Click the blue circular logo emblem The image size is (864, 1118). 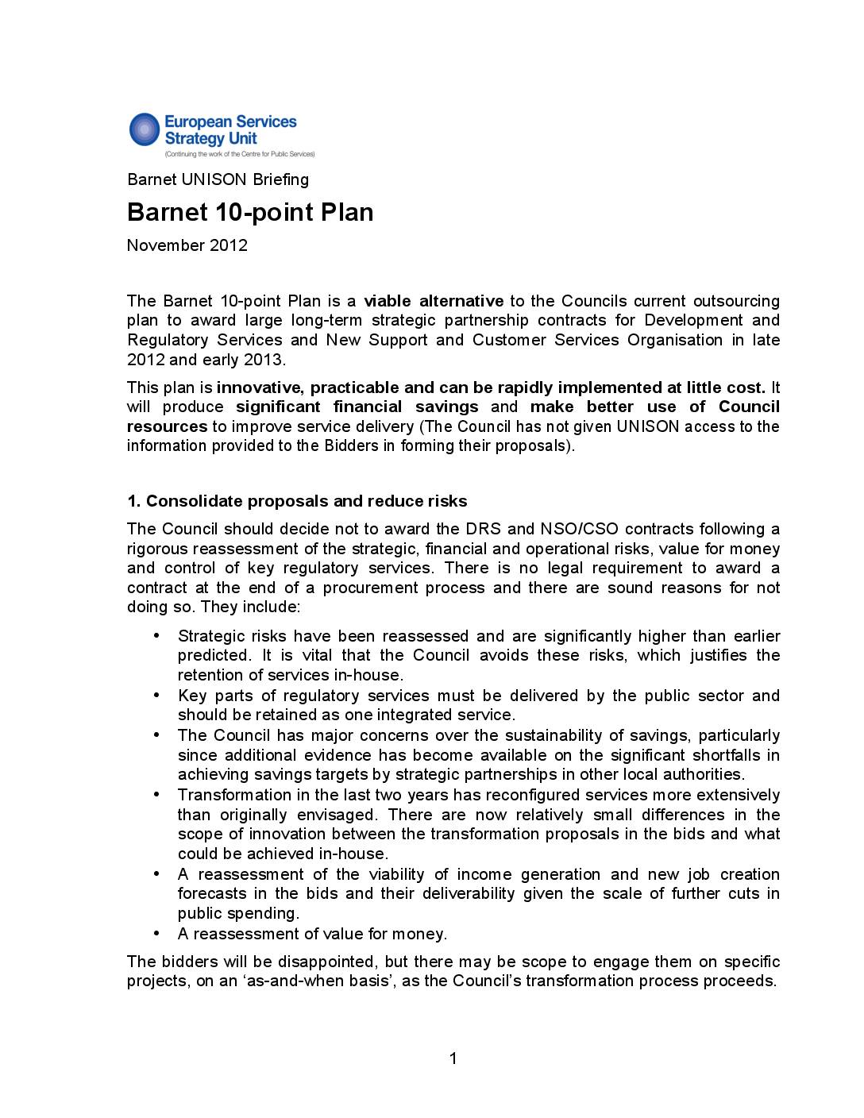click(x=145, y=129)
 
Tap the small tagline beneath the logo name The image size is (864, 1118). click(x=239, y=154)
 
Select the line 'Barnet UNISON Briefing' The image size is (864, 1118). click(x=218, y=179)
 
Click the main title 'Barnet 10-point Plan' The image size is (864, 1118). click(x=250, y=213)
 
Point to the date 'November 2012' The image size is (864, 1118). click(x=187, y=245)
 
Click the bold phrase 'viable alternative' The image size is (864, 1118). click(x=434, y=301)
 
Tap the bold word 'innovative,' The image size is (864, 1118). click(x=260, y=387)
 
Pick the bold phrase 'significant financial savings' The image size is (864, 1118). click(x=357, y=407)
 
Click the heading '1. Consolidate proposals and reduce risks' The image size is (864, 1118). click(x=297, y=501)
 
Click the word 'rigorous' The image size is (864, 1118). click(x=156, y=549)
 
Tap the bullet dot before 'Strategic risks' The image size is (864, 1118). click(x=156, y=635)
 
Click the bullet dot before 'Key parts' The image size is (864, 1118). click(x=156, y=695)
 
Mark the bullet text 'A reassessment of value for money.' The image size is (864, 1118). click(x=312, y=934)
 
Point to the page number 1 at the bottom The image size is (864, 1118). click(x=453, y=1058)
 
